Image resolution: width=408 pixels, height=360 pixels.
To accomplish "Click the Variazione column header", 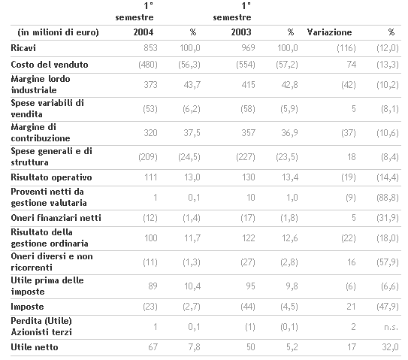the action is [x=329, y=32].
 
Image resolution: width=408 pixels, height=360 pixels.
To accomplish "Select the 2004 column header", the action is [x=144, y=32].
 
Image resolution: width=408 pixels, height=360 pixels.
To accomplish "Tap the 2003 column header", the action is [x=241, y=32].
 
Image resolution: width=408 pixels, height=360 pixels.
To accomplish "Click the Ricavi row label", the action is [x=23, y=48].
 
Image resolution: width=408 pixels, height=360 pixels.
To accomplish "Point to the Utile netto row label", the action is [x=35, y=347].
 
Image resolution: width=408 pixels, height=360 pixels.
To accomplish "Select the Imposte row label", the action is [x=27, y=307].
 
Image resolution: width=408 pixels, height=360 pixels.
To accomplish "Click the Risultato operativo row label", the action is [x=51, y=177].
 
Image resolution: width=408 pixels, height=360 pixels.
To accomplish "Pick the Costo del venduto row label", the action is [x=50, y=65].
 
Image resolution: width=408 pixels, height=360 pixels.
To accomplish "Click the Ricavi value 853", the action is [x=150, y=48].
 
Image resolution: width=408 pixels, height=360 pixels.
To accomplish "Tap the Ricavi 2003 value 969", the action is [x=248, y=48].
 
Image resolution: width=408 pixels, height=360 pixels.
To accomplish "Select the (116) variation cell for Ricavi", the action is [x=346, y=48].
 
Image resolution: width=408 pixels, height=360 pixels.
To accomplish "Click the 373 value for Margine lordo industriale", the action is [x=150, y=85].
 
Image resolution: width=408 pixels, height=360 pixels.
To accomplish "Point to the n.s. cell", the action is [x=391, y=327].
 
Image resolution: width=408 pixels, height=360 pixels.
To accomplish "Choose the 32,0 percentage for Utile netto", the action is [x=390, y=347].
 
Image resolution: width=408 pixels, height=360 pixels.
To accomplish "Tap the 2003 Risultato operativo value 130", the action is [x=248, y=177].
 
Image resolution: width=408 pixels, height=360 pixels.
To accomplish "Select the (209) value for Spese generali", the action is [x=148, y=157].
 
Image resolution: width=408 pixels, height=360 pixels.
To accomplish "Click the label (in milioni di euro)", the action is [x=59, y=32].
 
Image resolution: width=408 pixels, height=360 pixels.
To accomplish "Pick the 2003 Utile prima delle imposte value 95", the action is [x=250, y=286].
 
